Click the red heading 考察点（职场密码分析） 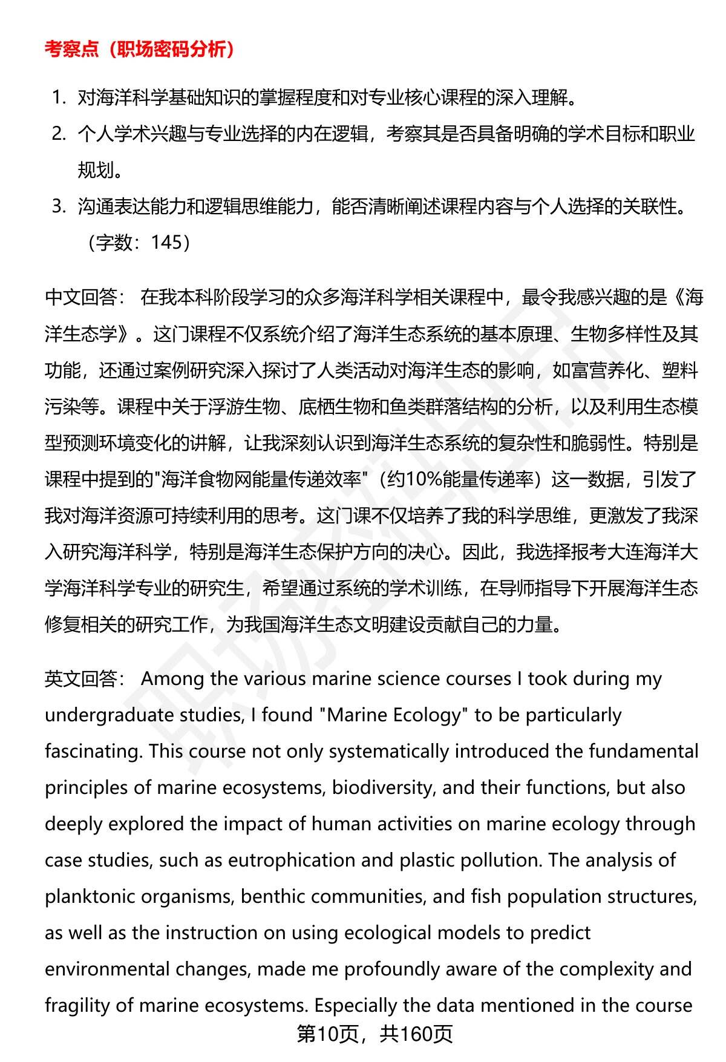140,50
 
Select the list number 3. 59,206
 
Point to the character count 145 166,243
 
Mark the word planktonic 90,897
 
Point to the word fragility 78,1006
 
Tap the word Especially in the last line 356,1006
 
